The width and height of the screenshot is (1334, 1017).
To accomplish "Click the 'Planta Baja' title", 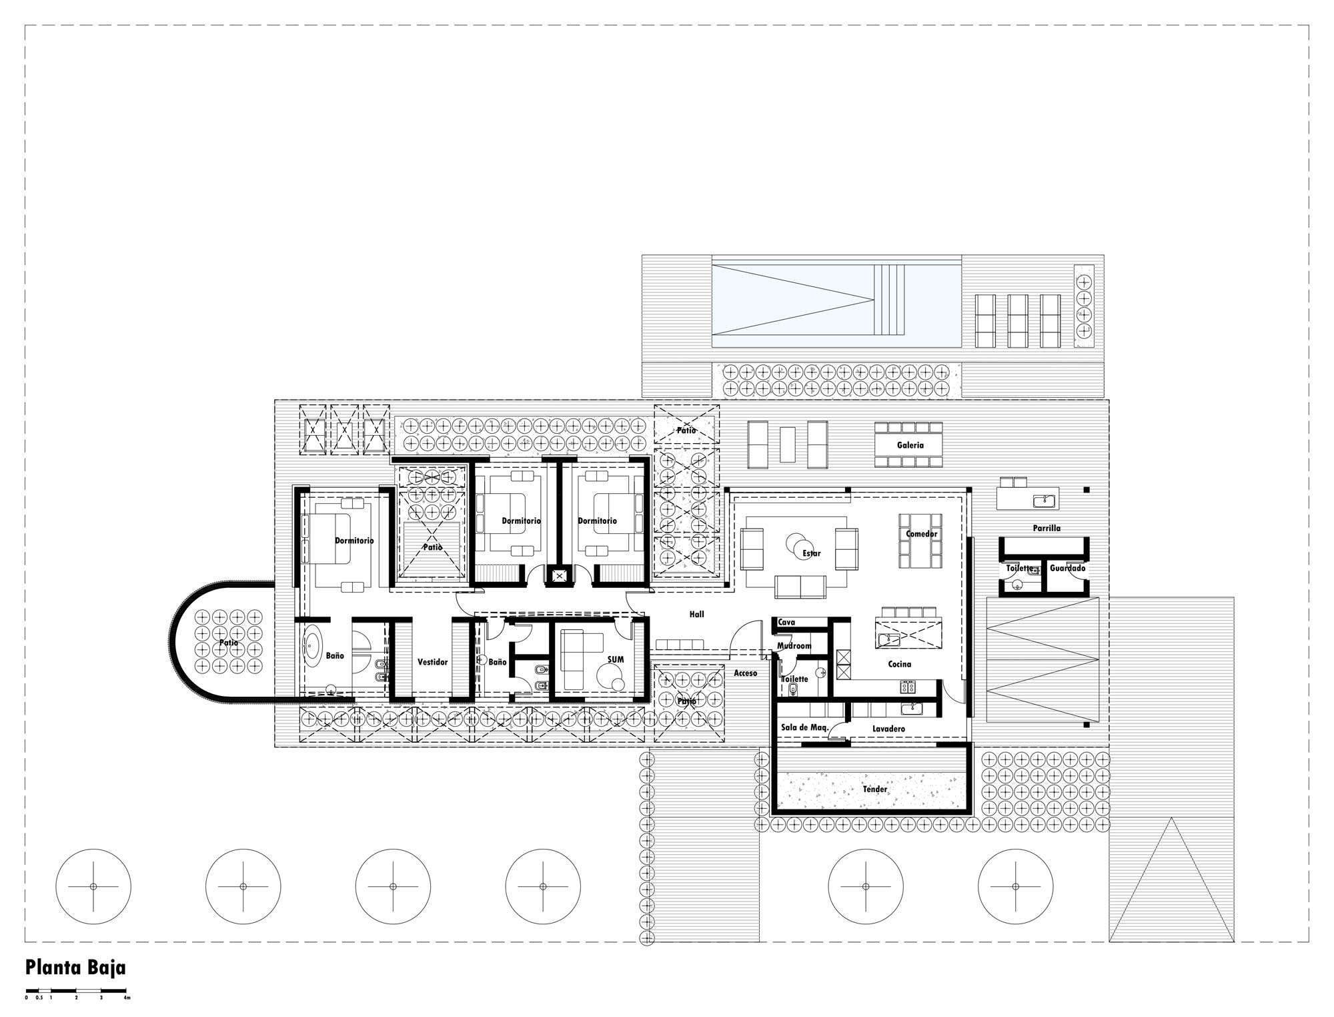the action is point(75,968).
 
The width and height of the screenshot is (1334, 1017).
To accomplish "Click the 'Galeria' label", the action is point(910,445).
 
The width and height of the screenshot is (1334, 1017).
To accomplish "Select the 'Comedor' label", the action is point(922,534).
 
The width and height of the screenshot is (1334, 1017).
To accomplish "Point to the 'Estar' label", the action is point(812,553).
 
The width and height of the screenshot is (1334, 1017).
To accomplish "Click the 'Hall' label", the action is point(696,615).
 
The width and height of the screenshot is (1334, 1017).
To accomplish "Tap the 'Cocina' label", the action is point(899,664).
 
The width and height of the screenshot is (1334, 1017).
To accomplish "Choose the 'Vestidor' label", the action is point(432,662).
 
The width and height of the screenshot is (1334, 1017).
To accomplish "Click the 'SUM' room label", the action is point(616,659).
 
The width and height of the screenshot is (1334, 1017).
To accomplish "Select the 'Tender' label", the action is point(875,789).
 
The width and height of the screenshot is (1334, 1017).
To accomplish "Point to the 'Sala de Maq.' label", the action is point(804,727).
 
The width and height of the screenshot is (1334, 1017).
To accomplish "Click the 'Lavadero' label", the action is point(888,729).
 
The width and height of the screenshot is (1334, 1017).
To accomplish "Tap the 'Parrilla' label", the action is point(1047,528).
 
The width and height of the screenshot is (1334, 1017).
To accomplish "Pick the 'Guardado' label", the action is point(1067,569).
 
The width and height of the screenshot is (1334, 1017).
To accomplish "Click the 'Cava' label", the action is point(786,623).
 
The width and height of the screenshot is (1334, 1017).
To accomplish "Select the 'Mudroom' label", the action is point(794,646).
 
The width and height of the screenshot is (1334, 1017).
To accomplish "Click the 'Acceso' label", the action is point(746,673).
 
